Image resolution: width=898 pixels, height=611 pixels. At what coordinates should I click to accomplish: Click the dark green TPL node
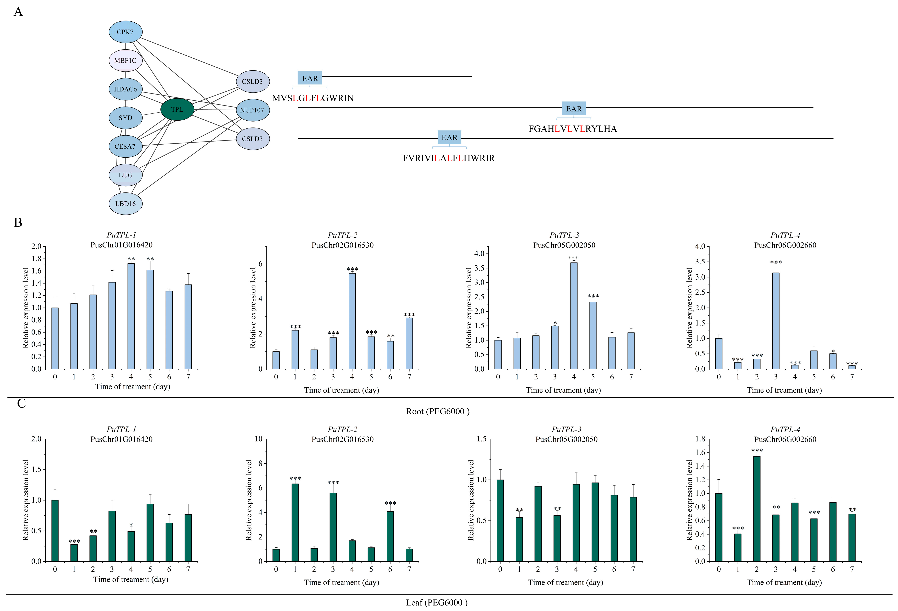click(177, 109)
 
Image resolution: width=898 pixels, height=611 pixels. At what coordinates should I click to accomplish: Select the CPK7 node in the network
click(125, 32)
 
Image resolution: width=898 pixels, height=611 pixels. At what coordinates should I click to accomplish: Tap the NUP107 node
click(252, 110)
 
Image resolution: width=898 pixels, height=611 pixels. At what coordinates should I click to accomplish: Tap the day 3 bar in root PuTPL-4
click(775, 321)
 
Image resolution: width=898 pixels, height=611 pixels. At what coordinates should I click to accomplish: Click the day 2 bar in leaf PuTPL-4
click(756, 509)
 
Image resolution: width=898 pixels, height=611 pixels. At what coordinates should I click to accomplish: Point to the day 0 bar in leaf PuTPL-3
click(500, 520)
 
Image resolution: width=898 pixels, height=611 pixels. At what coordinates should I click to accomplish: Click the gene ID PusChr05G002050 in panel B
click(564, 245)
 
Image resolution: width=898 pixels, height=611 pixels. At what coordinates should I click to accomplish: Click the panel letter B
click(18, 223)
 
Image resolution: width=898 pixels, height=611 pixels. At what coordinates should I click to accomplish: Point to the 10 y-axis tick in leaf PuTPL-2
click(258, 439)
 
